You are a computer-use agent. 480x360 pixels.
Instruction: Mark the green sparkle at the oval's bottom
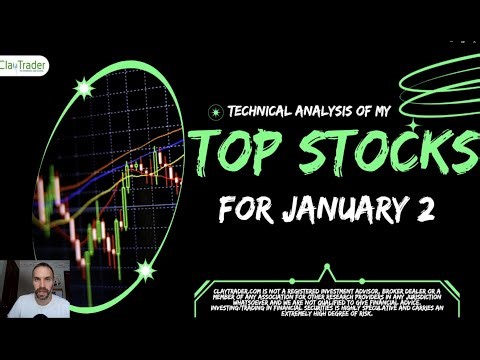pyautogui.click(x=148, y=268)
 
